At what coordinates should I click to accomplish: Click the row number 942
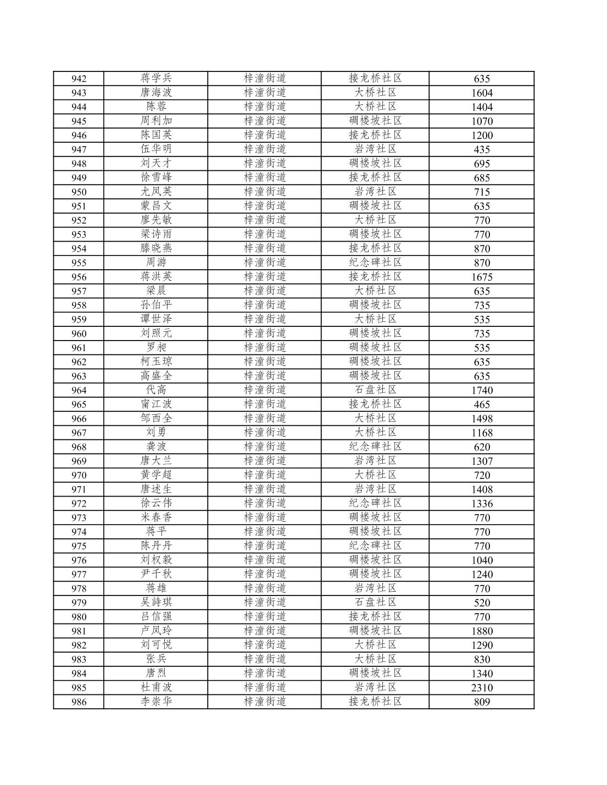tap(79, 79)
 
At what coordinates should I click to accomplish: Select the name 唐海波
tap(156, 92)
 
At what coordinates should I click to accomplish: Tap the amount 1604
tap(482, 93)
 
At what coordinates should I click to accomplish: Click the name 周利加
tap(156, 121)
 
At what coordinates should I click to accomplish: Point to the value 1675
tap(482, 277)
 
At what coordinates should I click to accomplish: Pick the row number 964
tap(79, 391)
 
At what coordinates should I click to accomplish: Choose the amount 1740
tap(482, 391)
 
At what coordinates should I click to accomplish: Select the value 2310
tap(482, 688)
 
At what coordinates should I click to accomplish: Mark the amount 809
tap(482, 702)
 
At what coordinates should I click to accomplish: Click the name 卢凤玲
tap(156, 631)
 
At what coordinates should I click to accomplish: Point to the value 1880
tap(482, 631)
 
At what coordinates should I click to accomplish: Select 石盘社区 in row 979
tap(375, 603)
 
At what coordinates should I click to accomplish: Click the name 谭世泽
tap(156, 319)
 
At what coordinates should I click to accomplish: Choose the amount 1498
tap(482, 419)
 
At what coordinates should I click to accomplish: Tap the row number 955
tap(79, 263)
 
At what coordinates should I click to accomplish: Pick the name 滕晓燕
tap(156, 248)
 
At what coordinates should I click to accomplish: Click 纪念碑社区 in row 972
tap(375, 503)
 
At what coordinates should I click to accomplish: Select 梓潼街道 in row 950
tap(265, 192)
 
